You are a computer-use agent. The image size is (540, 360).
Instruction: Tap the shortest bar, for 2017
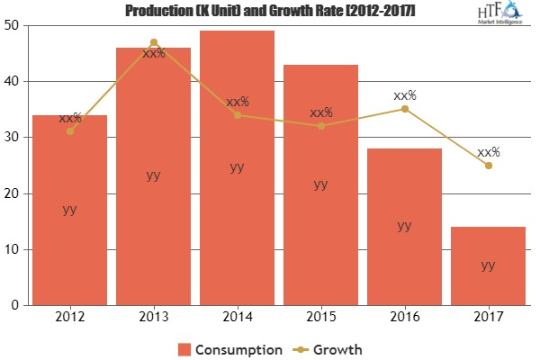point(488,265)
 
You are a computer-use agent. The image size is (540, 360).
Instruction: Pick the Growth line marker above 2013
point(153,42)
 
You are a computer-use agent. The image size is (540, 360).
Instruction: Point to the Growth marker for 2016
point(404,109)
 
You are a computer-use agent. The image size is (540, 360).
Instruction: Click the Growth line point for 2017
point(488,166)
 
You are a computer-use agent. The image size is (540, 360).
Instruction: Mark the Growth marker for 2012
point(69,131)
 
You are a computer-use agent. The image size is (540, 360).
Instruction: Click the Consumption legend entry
point(232,348)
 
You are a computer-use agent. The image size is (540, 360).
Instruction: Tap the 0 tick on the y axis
point(17,305)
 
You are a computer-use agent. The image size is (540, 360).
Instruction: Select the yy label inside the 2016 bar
point(404,225)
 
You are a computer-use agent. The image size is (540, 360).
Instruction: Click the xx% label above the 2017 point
point(489,152)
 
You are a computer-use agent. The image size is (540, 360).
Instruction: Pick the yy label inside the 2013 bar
point(153,175)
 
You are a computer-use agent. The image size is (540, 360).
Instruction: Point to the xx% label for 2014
point(238,102)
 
